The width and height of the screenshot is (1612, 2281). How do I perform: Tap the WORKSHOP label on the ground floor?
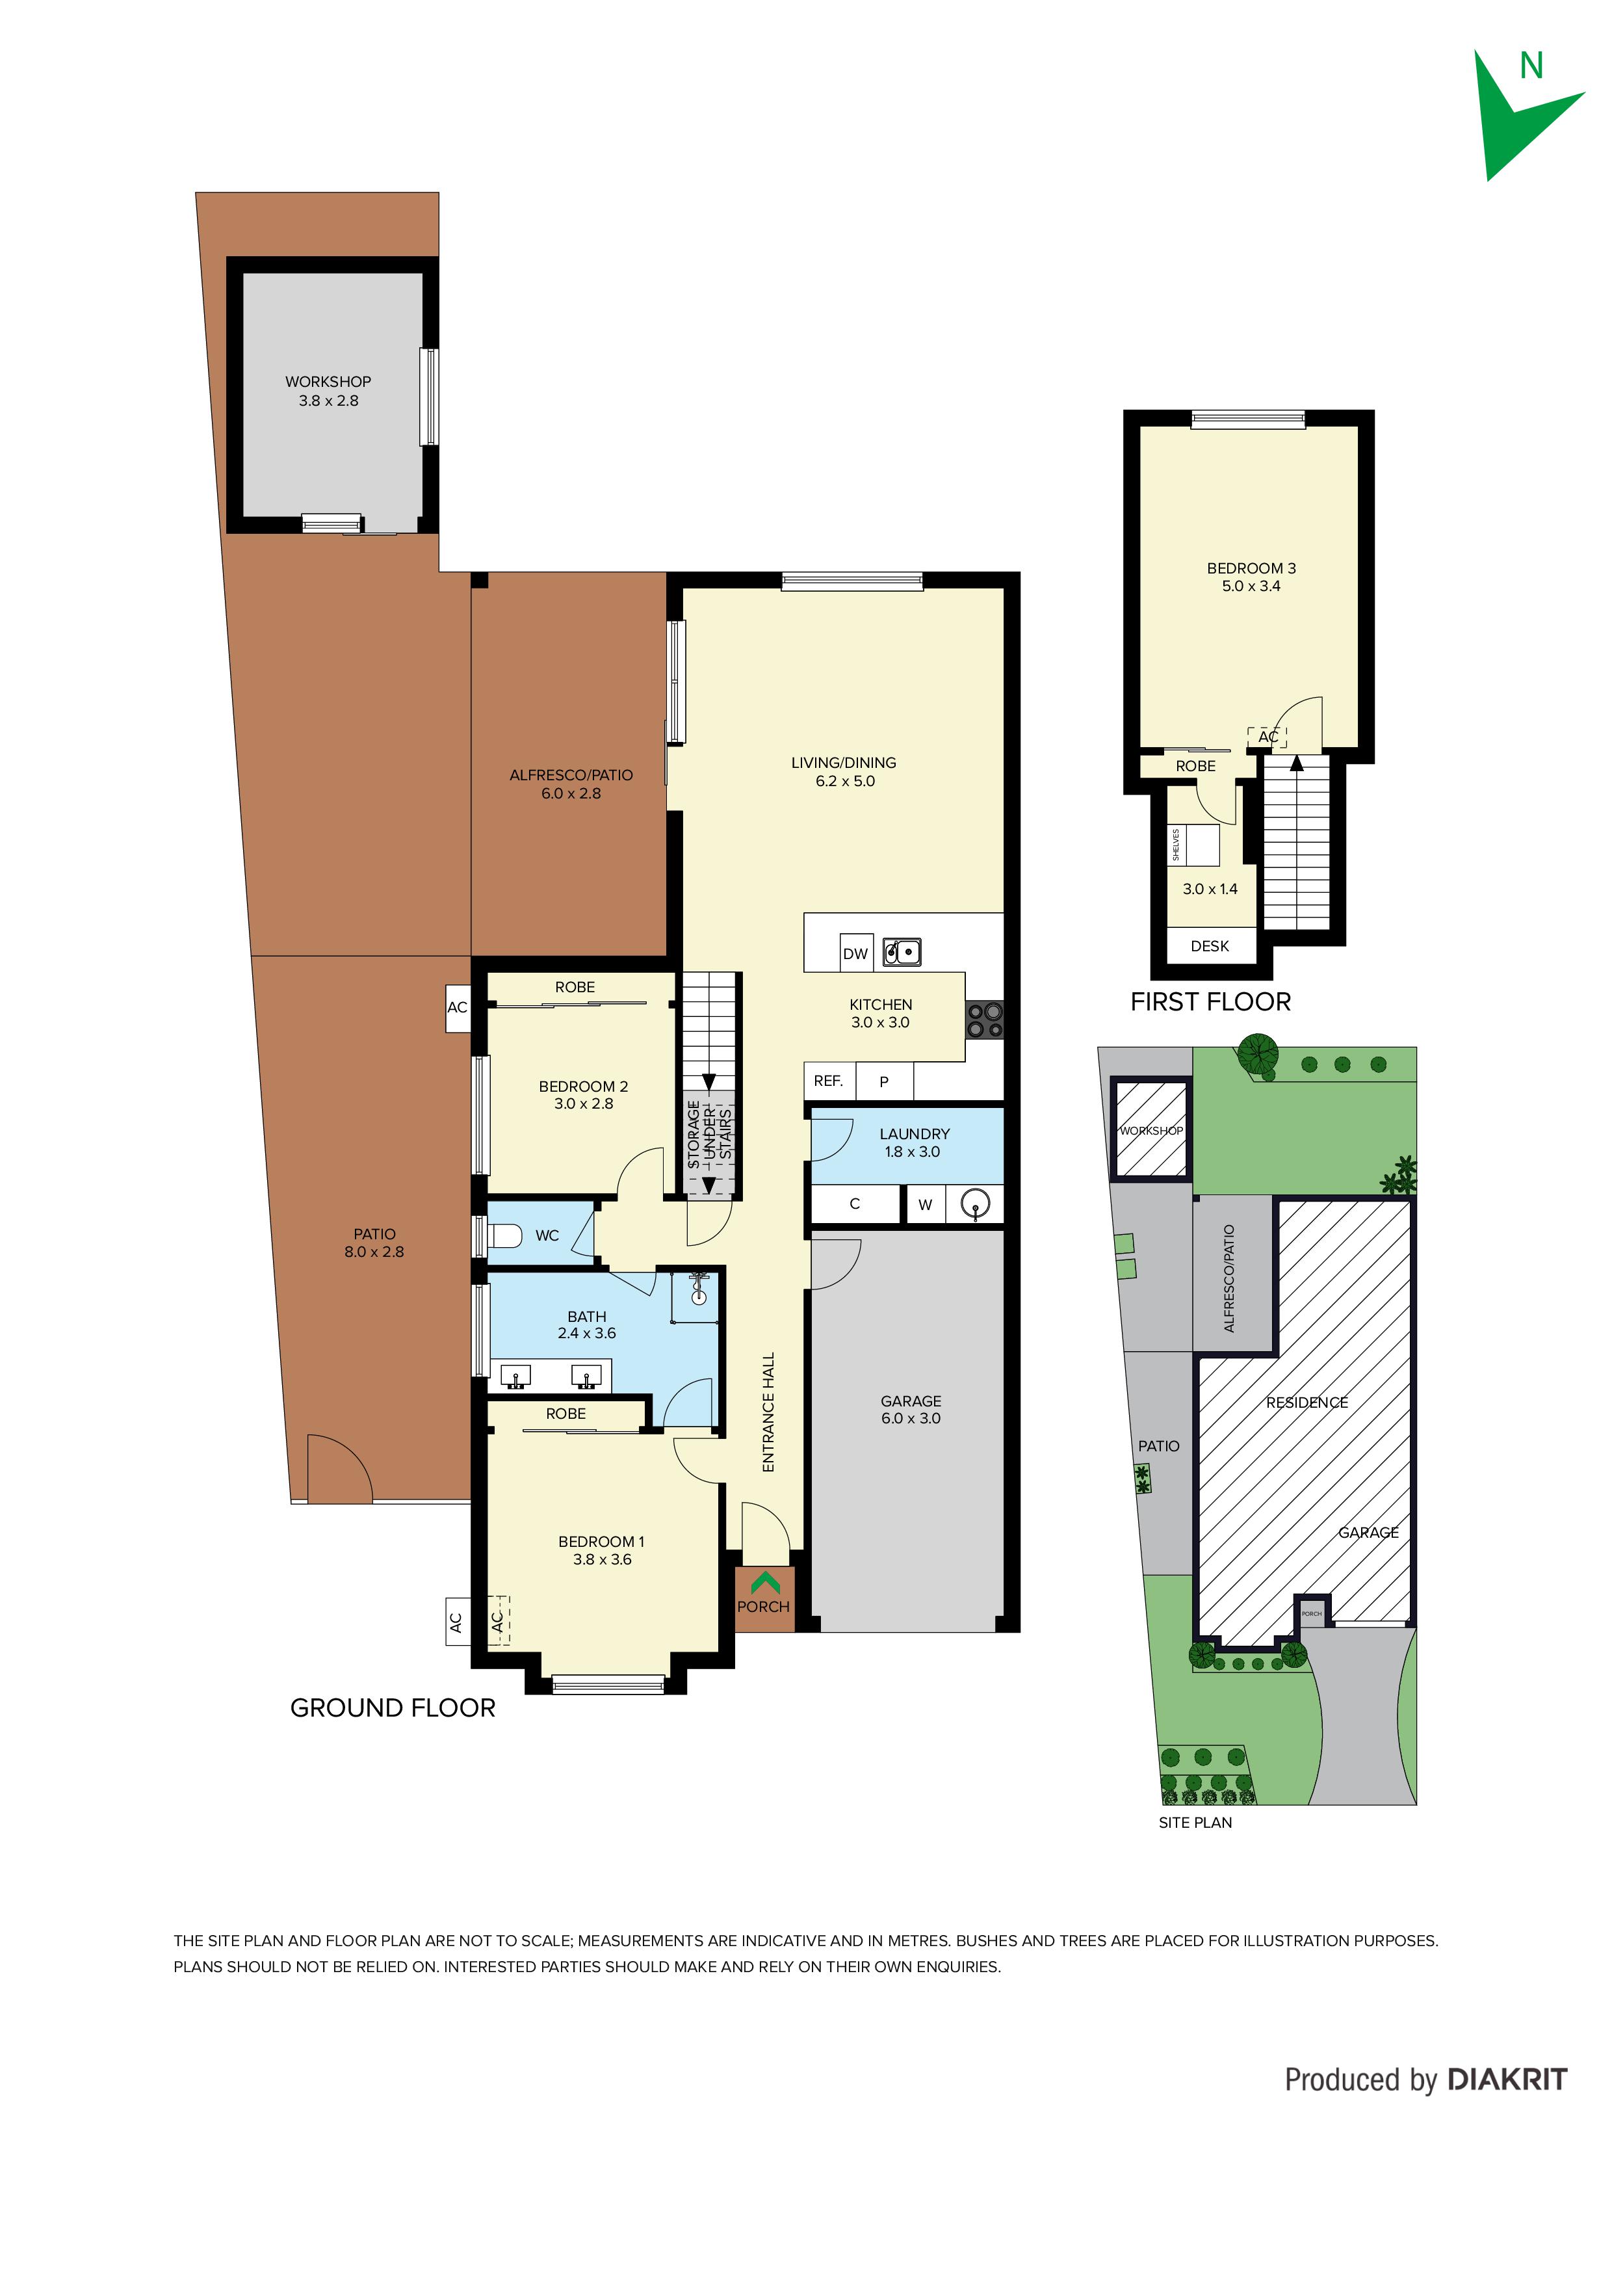coord(328,382)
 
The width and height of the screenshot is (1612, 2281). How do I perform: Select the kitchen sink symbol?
coord(902,952)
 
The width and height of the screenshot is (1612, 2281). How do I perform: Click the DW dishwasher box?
coord(855,952)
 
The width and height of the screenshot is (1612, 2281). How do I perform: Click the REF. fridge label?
coord(828,1081)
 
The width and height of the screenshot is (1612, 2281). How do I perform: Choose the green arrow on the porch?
coord(765,1581)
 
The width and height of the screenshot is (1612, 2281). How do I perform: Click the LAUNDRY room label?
coord(915,1133)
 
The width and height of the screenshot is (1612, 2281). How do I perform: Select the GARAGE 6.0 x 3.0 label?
coord(911,1410)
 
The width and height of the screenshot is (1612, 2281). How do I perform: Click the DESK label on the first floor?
coord(1210,946)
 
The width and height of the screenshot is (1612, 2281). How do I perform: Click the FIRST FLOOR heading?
coord(1211,1003)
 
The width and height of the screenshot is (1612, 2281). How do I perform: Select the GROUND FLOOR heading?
coord(393,1707)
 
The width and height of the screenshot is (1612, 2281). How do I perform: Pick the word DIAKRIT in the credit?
coord(1507,2079)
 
